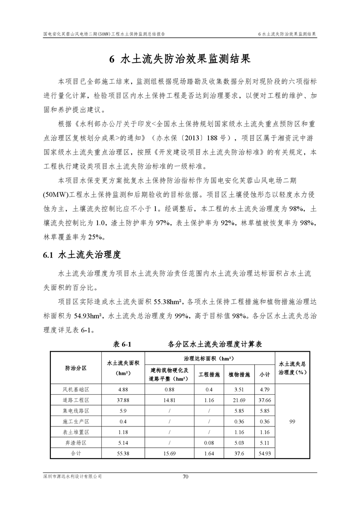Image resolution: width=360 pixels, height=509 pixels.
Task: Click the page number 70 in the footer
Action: point(185,477)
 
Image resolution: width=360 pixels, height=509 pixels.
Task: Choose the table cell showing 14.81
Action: point(170,400)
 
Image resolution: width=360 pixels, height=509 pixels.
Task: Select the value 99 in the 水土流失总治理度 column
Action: point(292,421)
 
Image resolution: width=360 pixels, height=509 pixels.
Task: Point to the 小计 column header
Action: point(265,375)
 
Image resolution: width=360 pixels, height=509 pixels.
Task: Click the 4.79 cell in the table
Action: point(265,389)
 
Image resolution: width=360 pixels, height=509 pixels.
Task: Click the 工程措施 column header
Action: point(209,375)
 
